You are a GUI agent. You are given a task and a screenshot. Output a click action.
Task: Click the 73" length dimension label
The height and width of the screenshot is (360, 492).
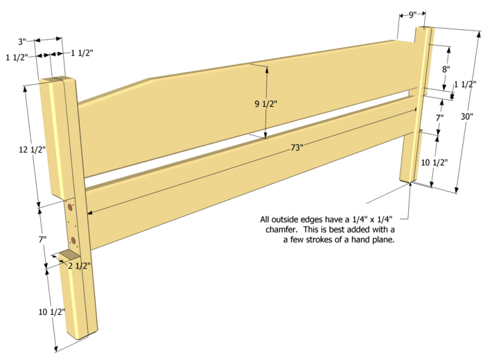[297, 147]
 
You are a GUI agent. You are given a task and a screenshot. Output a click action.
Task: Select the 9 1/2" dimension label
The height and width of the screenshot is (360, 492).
[266, 104]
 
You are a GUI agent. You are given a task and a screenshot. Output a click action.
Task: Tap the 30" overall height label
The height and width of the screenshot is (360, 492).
[466, 117]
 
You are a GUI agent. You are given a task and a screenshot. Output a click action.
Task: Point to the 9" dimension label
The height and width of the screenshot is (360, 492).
[412, 15]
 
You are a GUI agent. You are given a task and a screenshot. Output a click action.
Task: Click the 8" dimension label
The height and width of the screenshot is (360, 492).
[446, 69]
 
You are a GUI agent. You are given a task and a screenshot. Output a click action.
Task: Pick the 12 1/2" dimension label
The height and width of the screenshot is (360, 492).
[33, 150]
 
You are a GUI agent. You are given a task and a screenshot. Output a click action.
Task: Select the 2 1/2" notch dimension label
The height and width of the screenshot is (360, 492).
[80, 266]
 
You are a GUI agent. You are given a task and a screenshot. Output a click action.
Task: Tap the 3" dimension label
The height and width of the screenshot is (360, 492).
[21, 42]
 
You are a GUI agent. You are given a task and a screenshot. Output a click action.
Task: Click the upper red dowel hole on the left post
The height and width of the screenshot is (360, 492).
[70, 207]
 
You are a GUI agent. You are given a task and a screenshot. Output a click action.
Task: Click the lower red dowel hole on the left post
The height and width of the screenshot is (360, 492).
[73, 241]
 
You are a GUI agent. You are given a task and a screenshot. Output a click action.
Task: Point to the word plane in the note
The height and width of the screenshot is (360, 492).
[383, 240]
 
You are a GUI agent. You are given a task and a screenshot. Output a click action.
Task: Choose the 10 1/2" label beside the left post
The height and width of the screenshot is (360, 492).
[52, 312]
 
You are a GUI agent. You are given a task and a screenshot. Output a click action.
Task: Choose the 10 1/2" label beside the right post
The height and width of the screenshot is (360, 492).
[434, 163]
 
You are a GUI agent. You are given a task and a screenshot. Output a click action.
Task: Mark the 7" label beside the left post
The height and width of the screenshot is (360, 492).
[42, 240]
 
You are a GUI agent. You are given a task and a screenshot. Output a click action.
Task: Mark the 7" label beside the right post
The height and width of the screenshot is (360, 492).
[439, 118]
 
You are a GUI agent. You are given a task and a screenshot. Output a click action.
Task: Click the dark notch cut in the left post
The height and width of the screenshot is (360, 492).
[69, 255]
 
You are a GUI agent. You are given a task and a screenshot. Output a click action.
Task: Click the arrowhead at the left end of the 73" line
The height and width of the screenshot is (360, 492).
[90, 213]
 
